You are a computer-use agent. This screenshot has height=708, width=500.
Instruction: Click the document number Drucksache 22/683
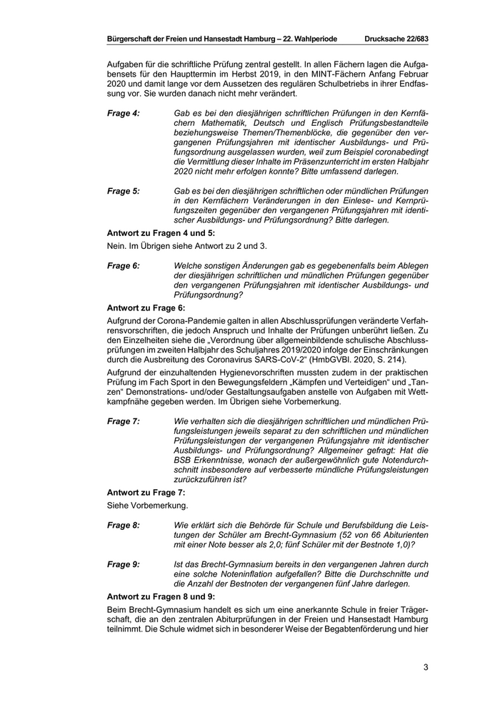(x=396, y=36)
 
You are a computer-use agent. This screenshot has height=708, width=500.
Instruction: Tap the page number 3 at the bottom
(x=426, y=668)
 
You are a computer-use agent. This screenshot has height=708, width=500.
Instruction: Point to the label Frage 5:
(x=124, y=191)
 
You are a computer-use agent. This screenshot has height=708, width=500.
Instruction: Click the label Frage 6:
(x=124, y=265)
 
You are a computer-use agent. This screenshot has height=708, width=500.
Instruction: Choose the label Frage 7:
(x=124, y=421)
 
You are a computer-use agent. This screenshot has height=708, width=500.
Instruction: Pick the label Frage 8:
(x=124, y=525)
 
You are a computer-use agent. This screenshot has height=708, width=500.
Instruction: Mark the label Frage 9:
(x=124, y=564)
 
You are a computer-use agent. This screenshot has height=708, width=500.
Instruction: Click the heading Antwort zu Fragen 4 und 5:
(x=160, y=233)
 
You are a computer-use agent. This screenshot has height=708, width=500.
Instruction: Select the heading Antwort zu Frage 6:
(x=146, y=308)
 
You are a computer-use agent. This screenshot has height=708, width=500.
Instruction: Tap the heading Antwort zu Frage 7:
(x=146, y=493)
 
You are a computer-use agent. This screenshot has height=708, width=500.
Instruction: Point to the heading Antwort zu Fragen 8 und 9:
(x=160, y=596)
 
